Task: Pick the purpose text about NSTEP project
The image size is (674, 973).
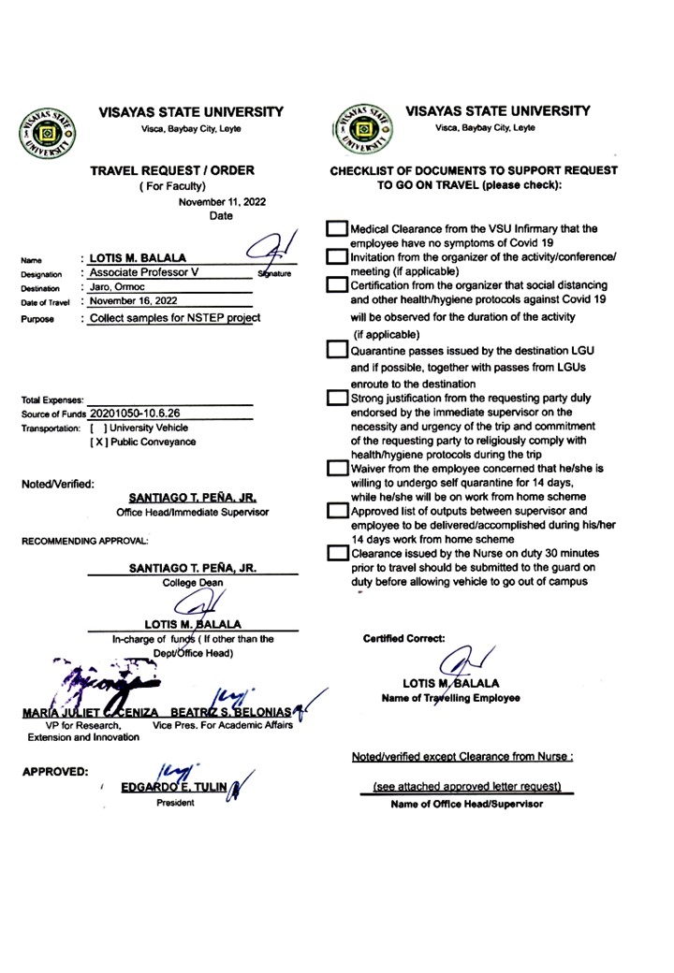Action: [174, 318]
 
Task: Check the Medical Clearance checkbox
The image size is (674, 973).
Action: [336, 229]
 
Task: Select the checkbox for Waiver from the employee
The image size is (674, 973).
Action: [336, 467]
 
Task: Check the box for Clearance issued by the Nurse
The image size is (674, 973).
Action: [336, 553]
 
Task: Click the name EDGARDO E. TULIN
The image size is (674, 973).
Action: [174, 787]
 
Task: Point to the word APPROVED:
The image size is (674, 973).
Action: [55, 773]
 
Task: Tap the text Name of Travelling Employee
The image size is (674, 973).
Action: [451, 698]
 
